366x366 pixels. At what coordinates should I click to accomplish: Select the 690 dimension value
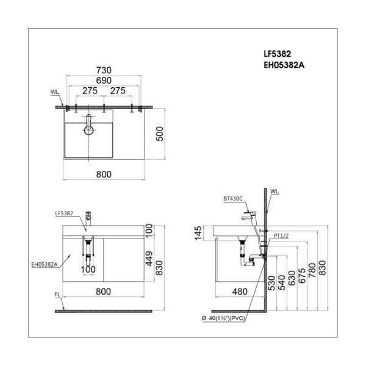pos(104,81)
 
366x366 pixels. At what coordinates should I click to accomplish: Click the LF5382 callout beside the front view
pos(64,213)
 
